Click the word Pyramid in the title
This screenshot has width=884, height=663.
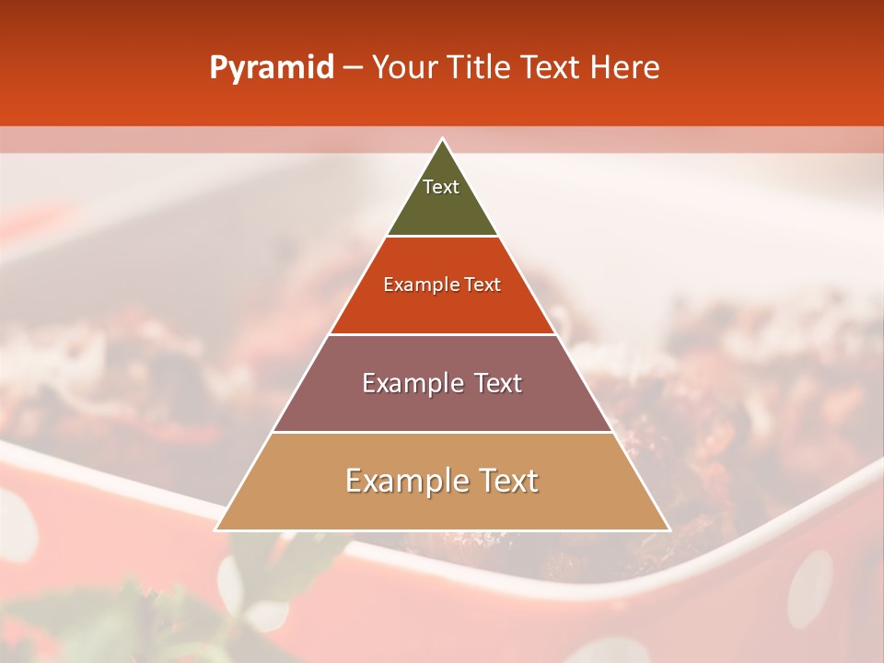(271, 68)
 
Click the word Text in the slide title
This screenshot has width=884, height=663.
(552, 67)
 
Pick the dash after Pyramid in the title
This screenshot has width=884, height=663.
(353, 68)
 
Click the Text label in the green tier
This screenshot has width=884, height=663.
(441, 187)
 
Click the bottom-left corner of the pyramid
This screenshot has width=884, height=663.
(215, 529)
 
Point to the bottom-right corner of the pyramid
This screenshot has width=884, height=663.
(669, 529)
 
